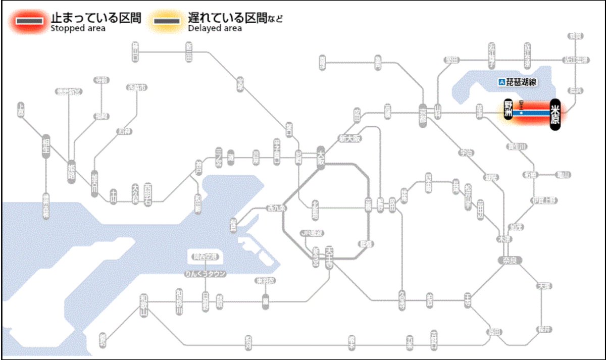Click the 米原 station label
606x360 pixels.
coord(555,115)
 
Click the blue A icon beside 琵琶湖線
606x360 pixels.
coord(501,81)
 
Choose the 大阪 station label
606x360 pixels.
coord(320,155)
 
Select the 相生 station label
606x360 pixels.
coord(46,147)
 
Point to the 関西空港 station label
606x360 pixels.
coord(204,256)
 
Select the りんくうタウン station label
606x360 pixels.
coord(205,274)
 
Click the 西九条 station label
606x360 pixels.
coord(277,208)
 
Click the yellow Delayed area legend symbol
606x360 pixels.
coord(167,21)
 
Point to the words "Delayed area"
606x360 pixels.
coord(215,28)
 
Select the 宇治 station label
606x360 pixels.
coord(466,152)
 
